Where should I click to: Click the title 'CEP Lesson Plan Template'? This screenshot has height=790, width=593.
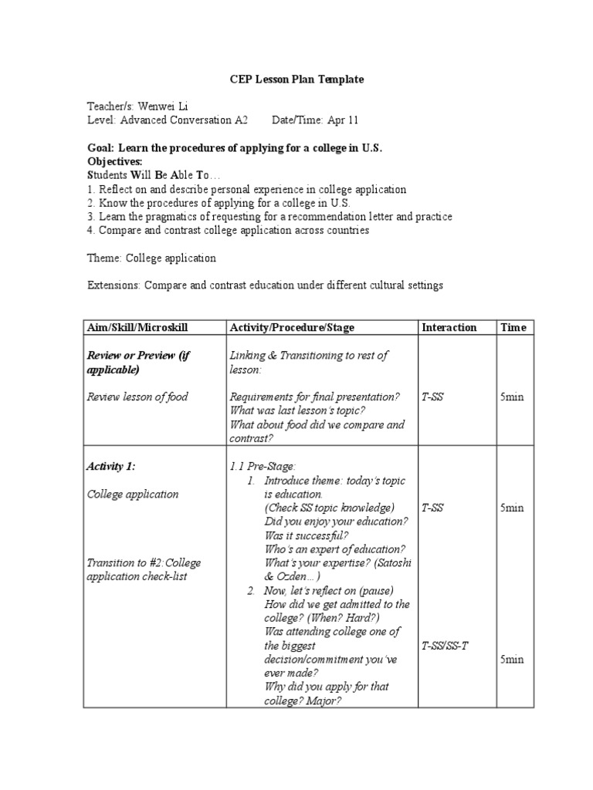[296, 79]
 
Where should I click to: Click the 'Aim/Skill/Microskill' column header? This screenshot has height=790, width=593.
[137, 328]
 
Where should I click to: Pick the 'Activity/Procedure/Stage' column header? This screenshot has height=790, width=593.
[292, 328]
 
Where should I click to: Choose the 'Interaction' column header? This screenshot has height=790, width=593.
[449, 328]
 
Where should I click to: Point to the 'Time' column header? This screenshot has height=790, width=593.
[513, 328]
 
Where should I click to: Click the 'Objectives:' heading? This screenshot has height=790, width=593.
[115, 161]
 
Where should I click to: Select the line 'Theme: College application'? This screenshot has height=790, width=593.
[151, 258]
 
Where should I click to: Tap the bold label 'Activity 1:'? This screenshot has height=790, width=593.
[111, 467]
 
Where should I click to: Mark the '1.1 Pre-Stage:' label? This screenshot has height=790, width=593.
[263, 467]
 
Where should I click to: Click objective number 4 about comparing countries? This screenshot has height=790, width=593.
[228, 230]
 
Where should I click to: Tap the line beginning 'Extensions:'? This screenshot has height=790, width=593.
[264, 285]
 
